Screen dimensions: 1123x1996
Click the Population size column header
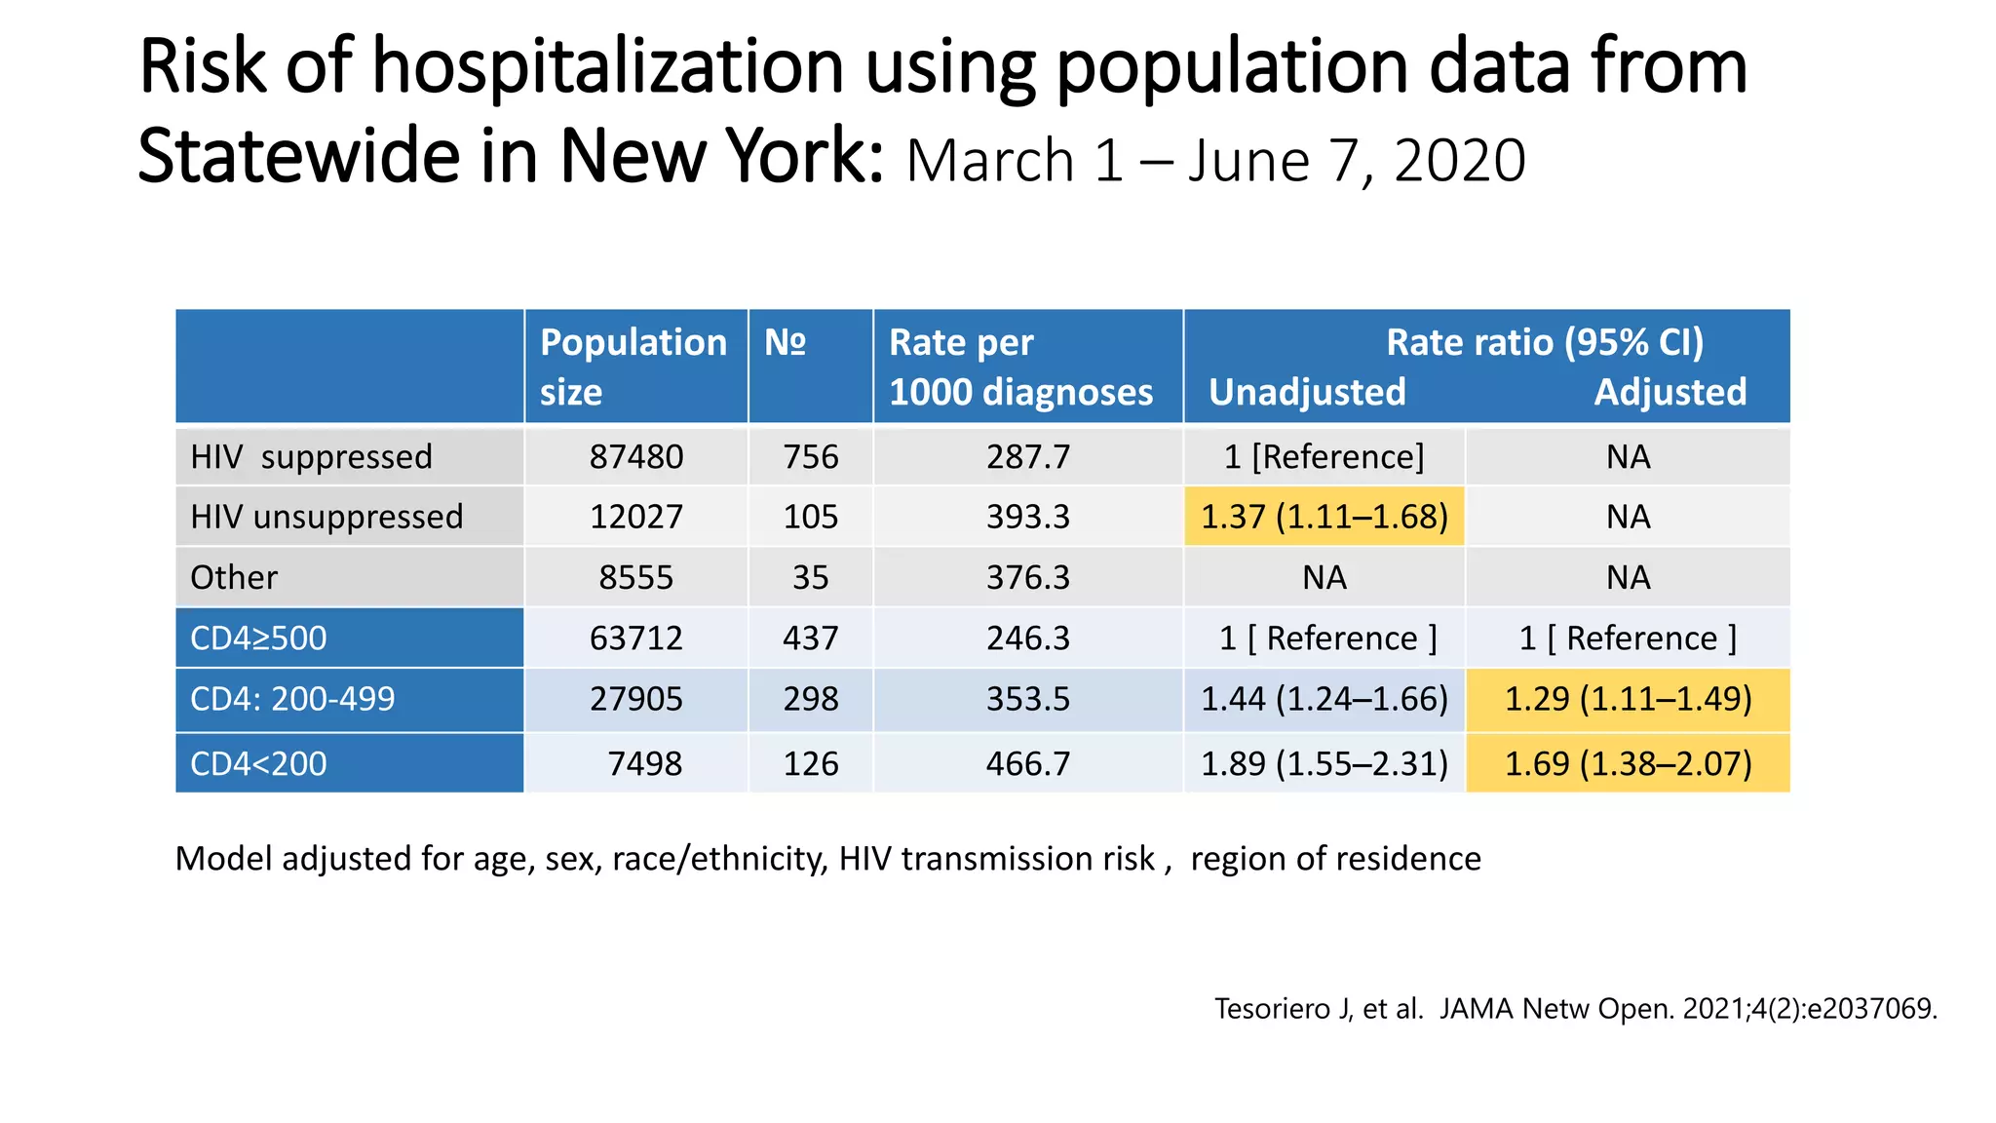[x=634, y=367]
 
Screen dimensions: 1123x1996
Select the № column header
[x=786, y=343]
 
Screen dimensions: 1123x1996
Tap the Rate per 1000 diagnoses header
[x=1020, y=367]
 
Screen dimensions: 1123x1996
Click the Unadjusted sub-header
[x=1307, y=392]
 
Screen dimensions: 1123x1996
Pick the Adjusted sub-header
[x=1670, y=392]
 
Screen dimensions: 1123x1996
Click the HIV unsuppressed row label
[x=326, y=517]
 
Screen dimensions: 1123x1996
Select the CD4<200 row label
[x=258, y=763]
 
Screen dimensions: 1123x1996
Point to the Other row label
[x=234, y=577]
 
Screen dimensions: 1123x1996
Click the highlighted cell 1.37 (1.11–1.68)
[x=1324, y=517]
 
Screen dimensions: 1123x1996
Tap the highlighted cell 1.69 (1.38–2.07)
[x=1628, y=763]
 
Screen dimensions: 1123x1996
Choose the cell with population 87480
[x=636, y=456]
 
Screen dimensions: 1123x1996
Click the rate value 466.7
[x=1027, y=763]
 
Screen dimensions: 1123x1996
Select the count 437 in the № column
[x=810, y=639]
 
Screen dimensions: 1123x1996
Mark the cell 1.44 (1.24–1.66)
[x=1324, y=699]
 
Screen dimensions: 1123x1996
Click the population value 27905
[x=636, y=699]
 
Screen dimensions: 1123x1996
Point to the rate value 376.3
[x=1027, y=577]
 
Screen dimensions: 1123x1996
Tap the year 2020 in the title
[x=1459, y=161]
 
